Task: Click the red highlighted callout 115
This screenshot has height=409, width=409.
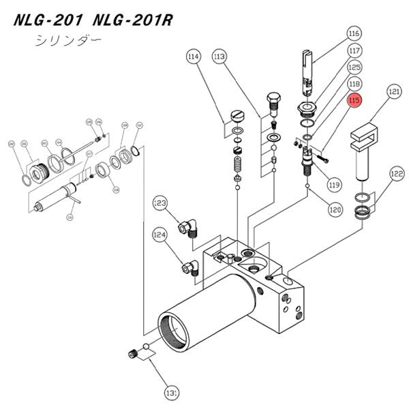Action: tap(354, 102)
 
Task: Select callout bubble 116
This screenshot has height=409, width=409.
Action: tap(354, 33)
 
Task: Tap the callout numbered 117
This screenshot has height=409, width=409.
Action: tap(354, 51)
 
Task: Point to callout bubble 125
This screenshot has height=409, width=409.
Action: tap(354, 67)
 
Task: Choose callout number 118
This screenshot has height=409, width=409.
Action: tap(354, 84)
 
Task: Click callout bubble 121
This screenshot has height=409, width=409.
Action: tap(393, 91)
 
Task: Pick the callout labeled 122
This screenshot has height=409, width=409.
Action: tap(397, 175)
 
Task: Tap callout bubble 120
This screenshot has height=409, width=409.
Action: tap(335, 211)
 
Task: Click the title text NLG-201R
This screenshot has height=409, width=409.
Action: tap(134, 19)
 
